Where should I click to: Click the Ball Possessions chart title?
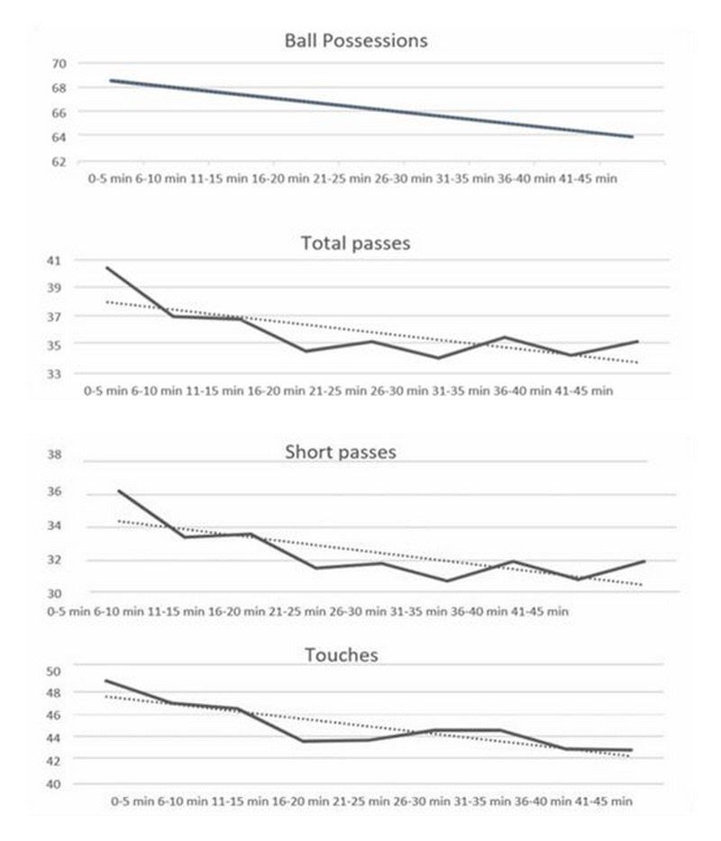[355, 41]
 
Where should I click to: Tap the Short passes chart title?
[340, 452]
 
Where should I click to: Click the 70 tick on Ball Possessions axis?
[59, 64]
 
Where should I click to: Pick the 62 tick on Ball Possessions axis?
[59, 161]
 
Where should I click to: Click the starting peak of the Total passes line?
[106, 268]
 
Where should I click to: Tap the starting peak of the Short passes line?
[119, 491]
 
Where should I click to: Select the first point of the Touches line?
[106, 681]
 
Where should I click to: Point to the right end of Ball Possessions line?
[634, 137]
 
